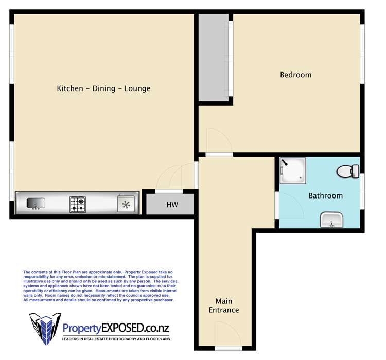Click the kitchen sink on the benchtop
pyautogui.click(x=36, y=204)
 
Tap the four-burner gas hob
pyautogui.click(x=78, y=205)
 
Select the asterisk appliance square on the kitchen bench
pyautogui.click(x=126, y=204)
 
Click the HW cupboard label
pyautogui.click(x=172, y=205)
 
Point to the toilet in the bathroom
pyautogui.click(x=348, y=171)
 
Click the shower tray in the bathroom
pyautogui.click(x=293, y=171)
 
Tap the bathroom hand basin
pyautogui.click(x=331, y=220)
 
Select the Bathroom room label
pyautogui.click(x=326, y=196)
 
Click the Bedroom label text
pyautogui.click(x=296, y=75)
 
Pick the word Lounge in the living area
pyautogui.click(x=137, y=88)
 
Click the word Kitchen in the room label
pyautogui.click(x=70, y=88)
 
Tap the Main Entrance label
pyautogui.click(x=224, y=305)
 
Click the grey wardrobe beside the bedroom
pyautogui.click(x=214, y=57)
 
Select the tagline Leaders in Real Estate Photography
pyautogui.click(x=116, y=339)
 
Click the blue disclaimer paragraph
pyautogui.click(x=101, y=286)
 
